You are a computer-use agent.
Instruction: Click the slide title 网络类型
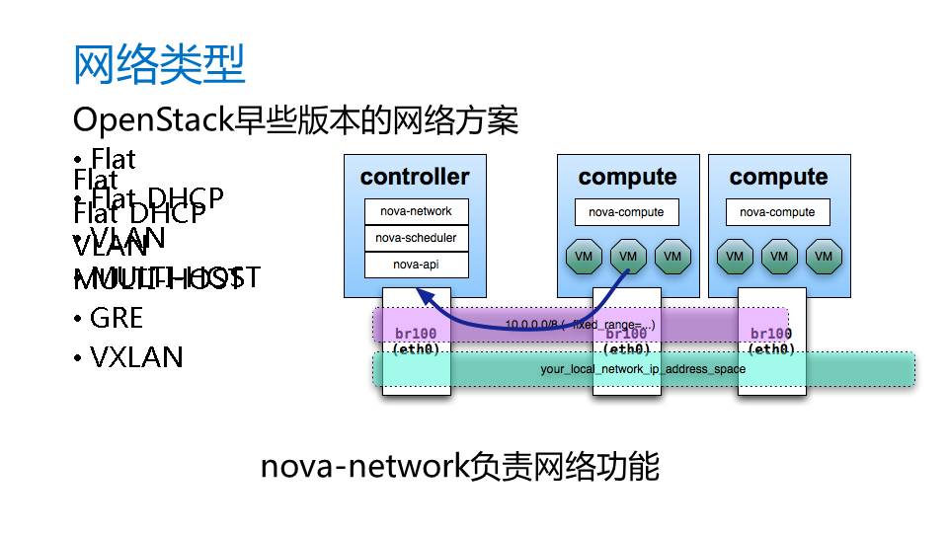pyautogui.click(x=159, y=65)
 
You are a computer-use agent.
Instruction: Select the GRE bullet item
pyautogui.click(x=116, y=318)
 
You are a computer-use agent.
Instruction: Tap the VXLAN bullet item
pyautogui.click(x=136, y=356)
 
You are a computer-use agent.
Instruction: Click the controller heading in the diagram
pyautogui.click(x=415, y=178)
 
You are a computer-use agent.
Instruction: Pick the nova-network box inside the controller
pyautogui.click(x=416, y=211)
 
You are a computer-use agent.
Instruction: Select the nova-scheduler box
pyautogui.click(x=416, y=238)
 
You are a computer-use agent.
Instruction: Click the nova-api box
pyautogui.click(x=416, y=265)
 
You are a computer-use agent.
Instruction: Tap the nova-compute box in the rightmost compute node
pyautogui.click(x=777, y=212)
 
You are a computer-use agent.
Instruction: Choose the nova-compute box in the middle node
pyautogui.click(x=626, y=212)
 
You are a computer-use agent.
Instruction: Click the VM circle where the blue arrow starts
pyautogui.click(x=627, y=257)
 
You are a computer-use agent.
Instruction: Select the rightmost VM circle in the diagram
pyautogui.click(x=824, y=257)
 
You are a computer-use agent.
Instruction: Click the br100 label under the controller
pyautogui.click(x=416, y=334)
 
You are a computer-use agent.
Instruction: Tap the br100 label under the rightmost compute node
pyautogui.click(x=771, y=334)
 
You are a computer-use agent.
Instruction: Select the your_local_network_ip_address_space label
pyautogui.click(x=643, y=369)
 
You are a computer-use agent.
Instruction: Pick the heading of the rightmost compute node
pyautogui.click(x=778, y=178)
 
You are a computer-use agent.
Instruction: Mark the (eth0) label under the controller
pyautogui.click(x=416, y=348)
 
